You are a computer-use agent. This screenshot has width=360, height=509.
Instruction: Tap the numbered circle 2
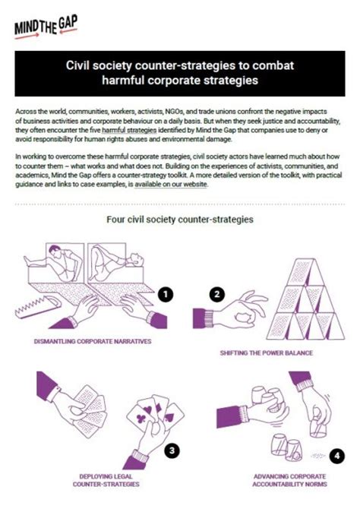217,294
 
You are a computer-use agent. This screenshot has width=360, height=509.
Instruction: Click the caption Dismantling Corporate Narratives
93,341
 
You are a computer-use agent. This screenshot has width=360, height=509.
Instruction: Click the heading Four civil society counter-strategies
179,220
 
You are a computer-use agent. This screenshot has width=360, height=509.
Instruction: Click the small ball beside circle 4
316,457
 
